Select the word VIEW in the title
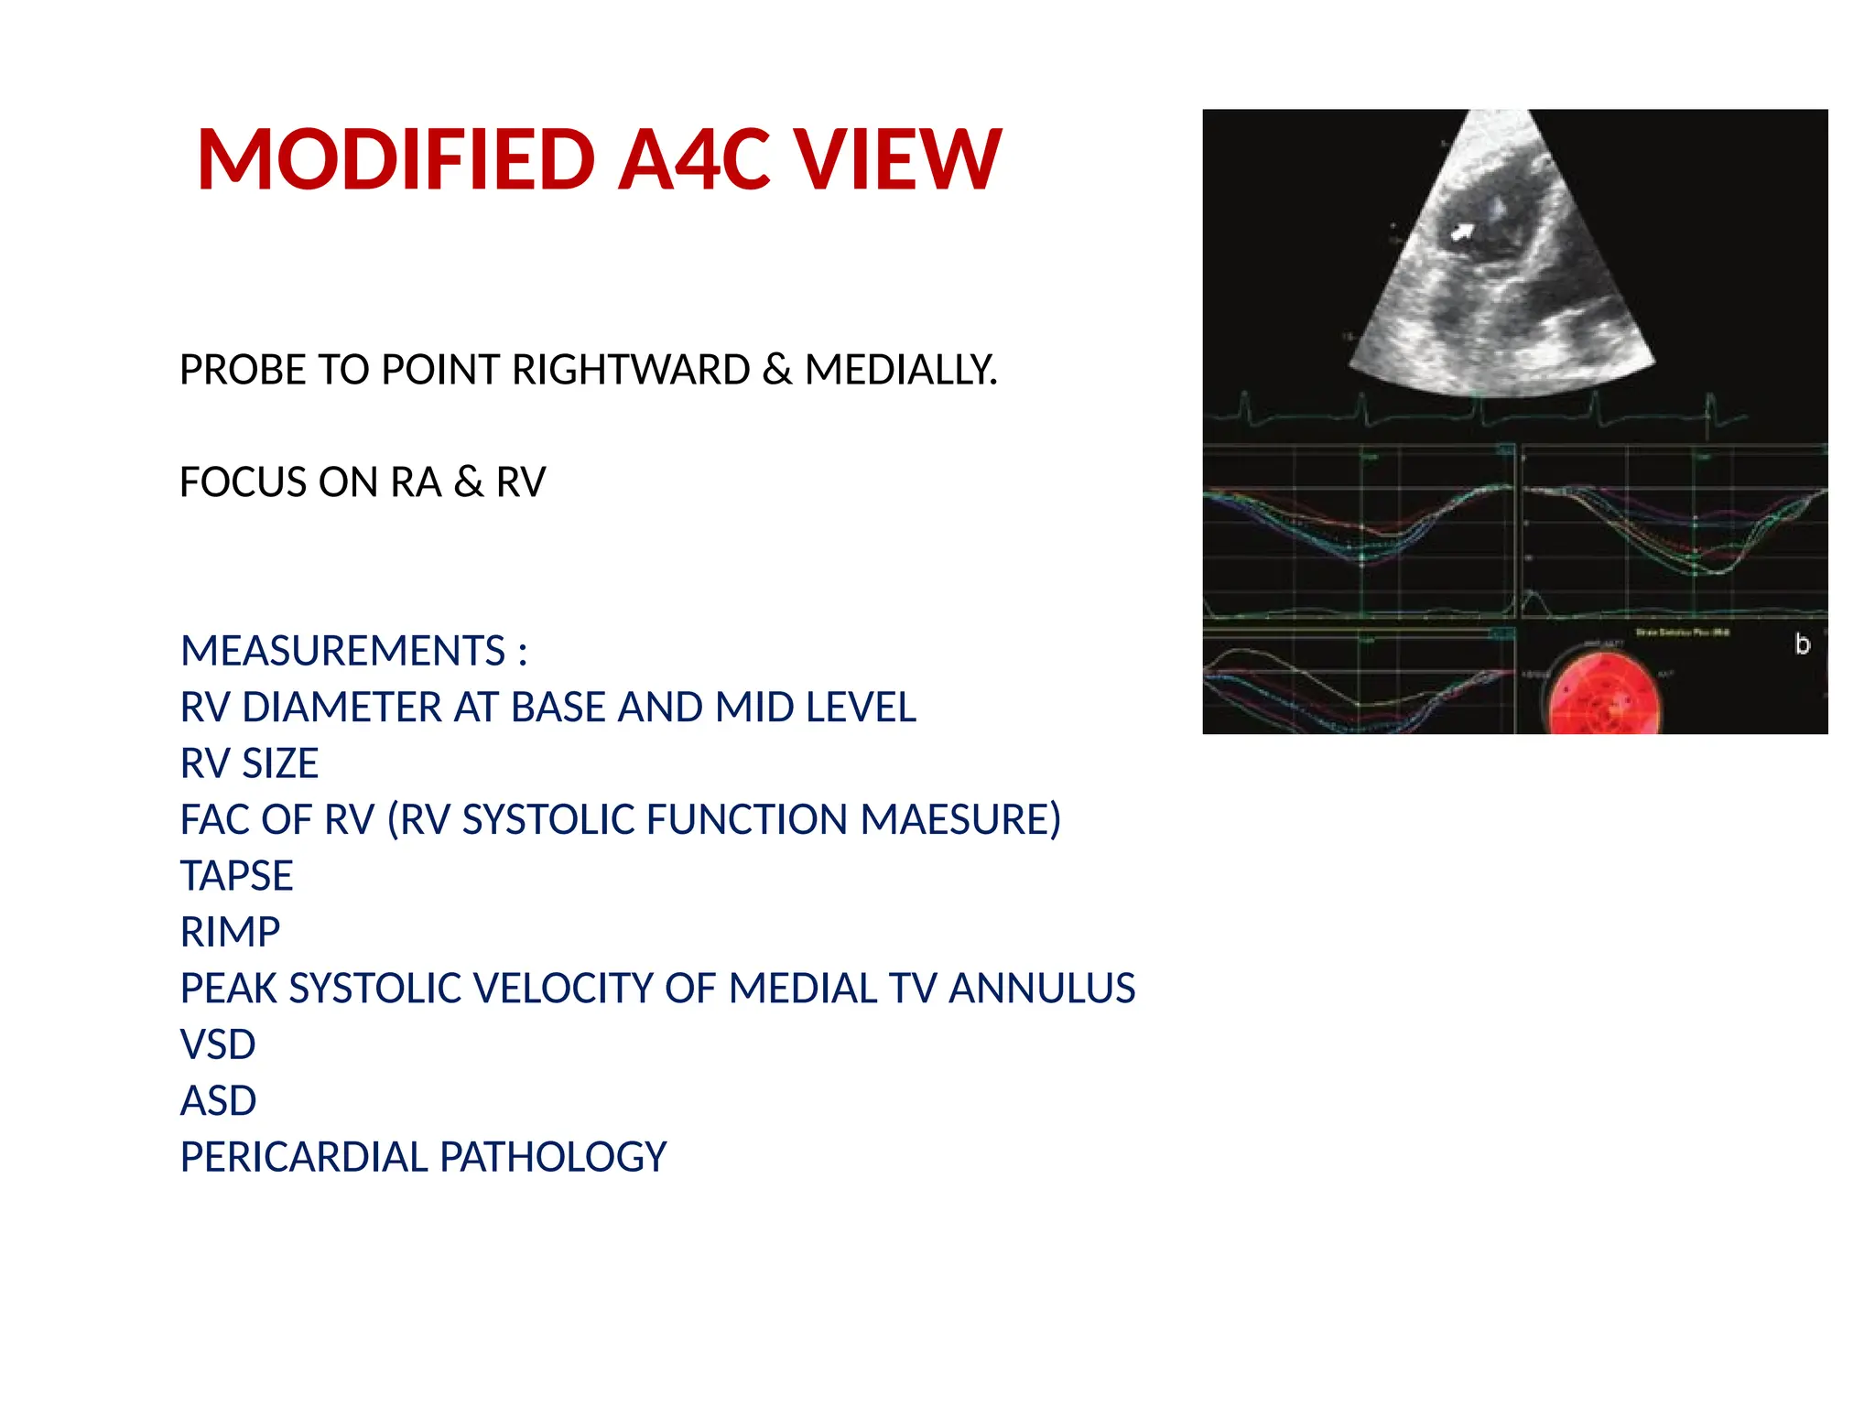click(897, 160)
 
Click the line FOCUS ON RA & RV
click(363, 482)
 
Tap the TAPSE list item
click(236, 876)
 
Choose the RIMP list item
click(230, 932)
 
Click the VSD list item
click(218, 1044)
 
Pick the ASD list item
click(218, 1100)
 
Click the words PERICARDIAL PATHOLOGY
click(423, 1157)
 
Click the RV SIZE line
click(249, 763)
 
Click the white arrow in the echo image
click(1462, 233)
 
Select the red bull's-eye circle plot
click(1602, 700)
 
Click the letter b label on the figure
click(1802, 644)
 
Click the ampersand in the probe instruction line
click(776, 370)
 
